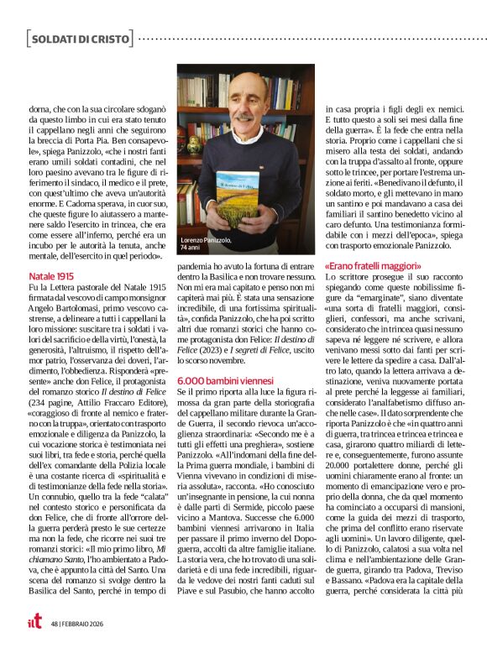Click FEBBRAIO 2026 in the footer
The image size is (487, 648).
85,624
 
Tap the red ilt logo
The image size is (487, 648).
34,623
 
